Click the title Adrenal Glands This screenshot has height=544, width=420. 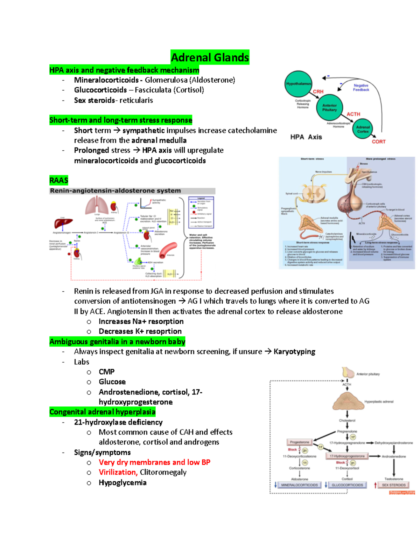pos(210,57)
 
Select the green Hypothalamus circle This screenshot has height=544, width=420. pos(298,84)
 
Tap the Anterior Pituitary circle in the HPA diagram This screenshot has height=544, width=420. pos(329,108)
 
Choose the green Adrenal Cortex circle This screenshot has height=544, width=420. pos(363,129)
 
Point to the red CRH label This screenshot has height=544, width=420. pos(318,92)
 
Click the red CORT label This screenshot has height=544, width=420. pos(378,142)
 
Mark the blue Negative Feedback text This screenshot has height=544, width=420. pos(361,88)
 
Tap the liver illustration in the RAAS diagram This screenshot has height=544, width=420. pos(63,223)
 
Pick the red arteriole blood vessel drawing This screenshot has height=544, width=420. pos(168,250)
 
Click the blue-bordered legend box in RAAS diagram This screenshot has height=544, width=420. pos(201,212)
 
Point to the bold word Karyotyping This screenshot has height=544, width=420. pos(294,351)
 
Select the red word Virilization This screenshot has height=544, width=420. pos(118,472)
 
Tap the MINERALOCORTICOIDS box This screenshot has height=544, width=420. pos(299,485)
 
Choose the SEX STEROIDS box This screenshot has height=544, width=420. pos(393,485)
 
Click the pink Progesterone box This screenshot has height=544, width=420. pos(300,442)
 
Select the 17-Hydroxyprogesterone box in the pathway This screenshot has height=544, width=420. pos(347,456)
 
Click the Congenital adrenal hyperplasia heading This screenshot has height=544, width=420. pos(102,412)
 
